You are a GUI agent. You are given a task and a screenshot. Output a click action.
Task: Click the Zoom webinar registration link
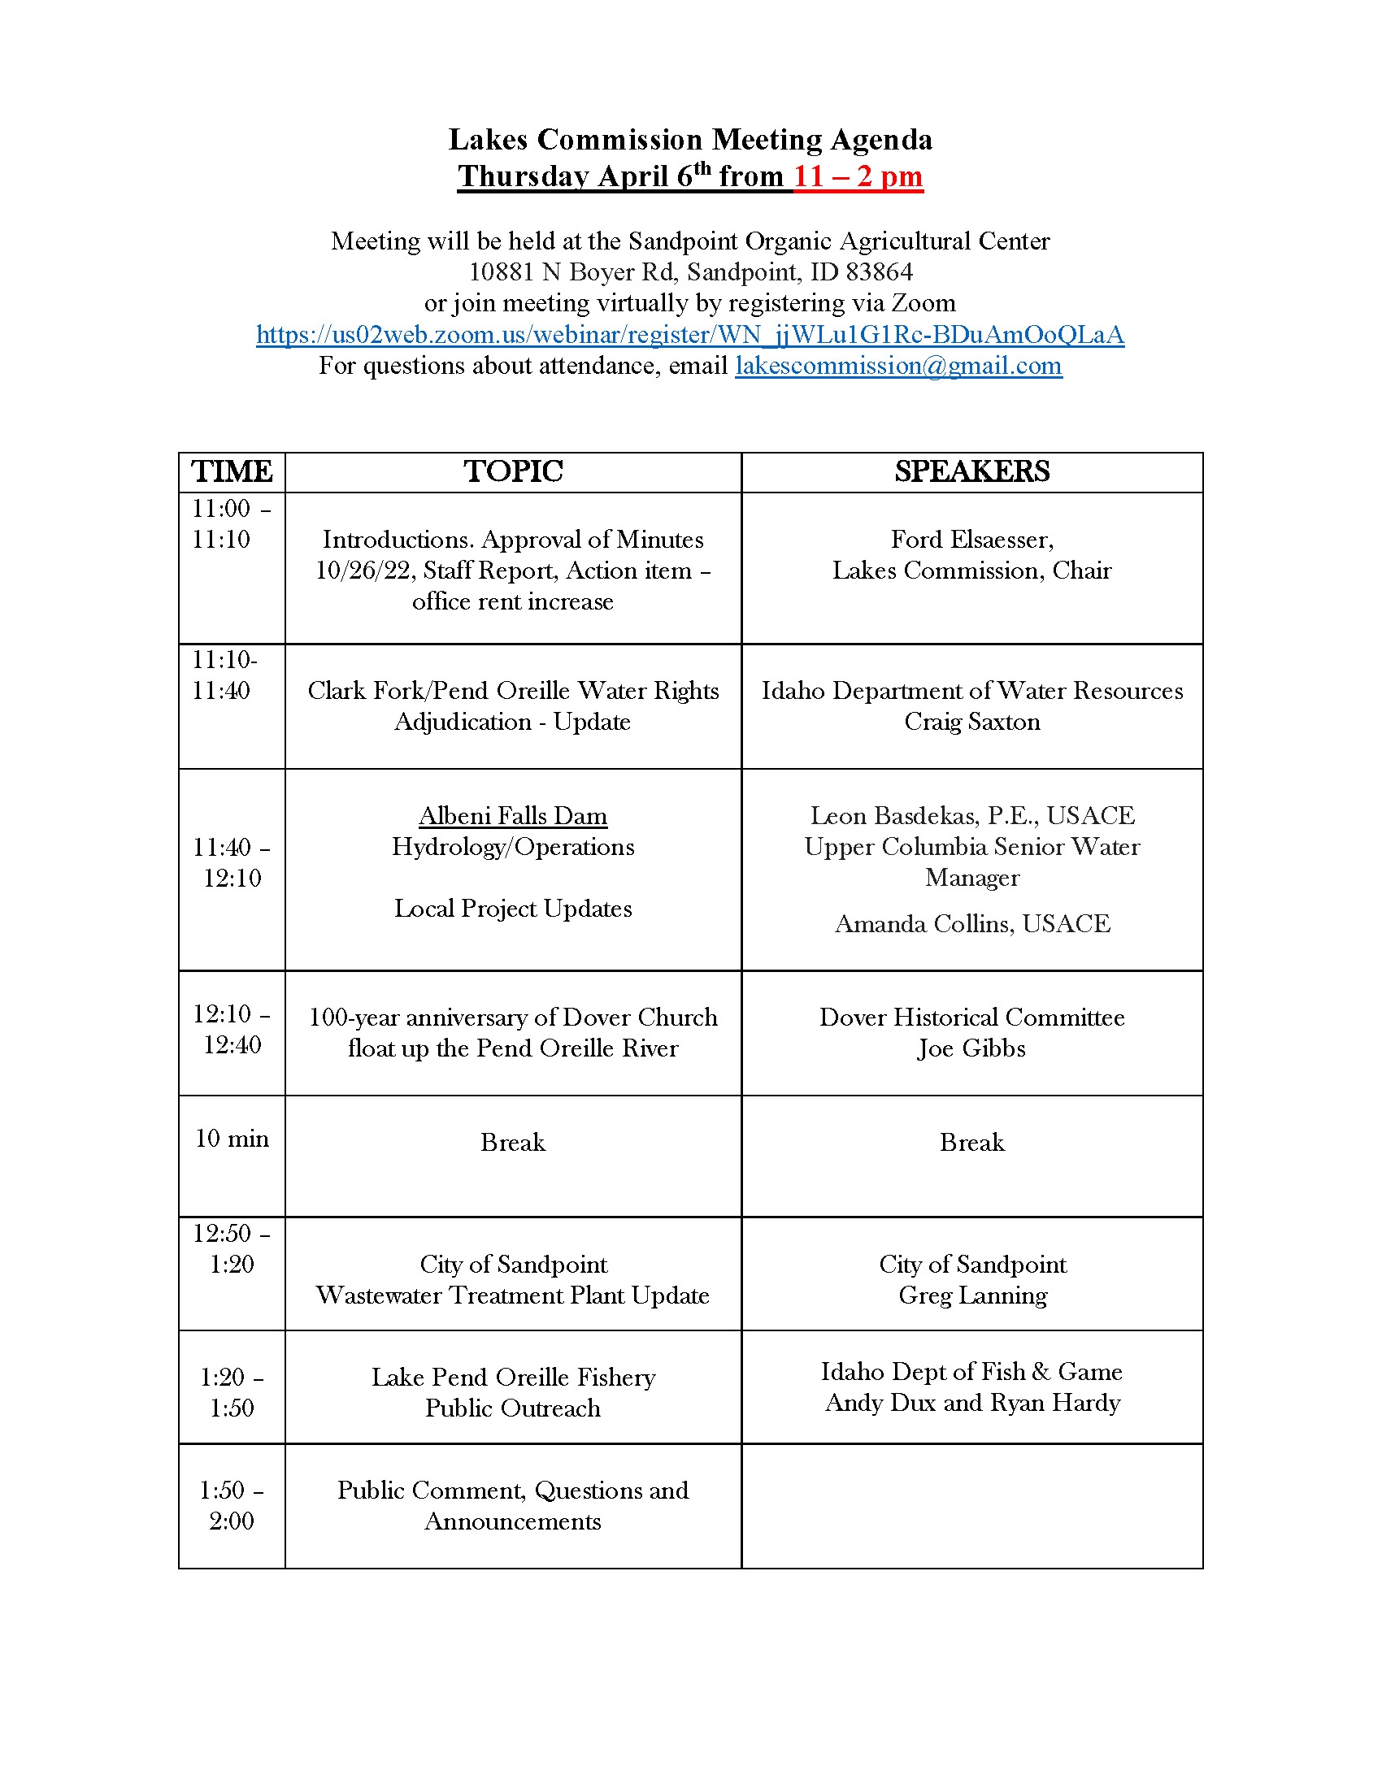click(690, 334)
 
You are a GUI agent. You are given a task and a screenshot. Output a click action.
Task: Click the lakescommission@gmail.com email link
click(898, 365)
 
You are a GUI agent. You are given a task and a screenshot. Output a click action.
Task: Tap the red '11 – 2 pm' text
click(857, 176)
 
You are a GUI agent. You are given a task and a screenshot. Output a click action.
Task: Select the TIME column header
click(232, 471)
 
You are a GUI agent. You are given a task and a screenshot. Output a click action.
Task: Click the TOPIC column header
click(513, 471)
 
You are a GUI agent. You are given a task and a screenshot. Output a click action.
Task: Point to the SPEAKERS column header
click(971, 471)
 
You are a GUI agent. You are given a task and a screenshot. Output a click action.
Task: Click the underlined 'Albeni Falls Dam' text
click(513, 815)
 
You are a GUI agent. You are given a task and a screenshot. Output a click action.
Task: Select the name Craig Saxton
click(971, 721)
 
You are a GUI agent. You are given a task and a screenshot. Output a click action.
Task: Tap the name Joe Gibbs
click(971, 1048)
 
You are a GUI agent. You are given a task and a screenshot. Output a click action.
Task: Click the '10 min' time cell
click(232, 1138)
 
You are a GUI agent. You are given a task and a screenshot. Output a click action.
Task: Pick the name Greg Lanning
click(972, 1295)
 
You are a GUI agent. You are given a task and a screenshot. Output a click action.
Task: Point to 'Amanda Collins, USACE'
click(972, 923)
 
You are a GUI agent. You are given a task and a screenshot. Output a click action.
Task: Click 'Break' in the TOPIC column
click(513, 1142)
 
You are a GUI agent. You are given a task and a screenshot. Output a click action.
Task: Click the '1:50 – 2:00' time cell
click(232, 1504)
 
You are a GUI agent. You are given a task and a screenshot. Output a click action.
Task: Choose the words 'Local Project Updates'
click(513, 908)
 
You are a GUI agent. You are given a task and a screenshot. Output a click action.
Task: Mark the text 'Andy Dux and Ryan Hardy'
click(972, 1403)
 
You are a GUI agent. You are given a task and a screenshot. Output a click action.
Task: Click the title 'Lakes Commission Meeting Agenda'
click(690, 140)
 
